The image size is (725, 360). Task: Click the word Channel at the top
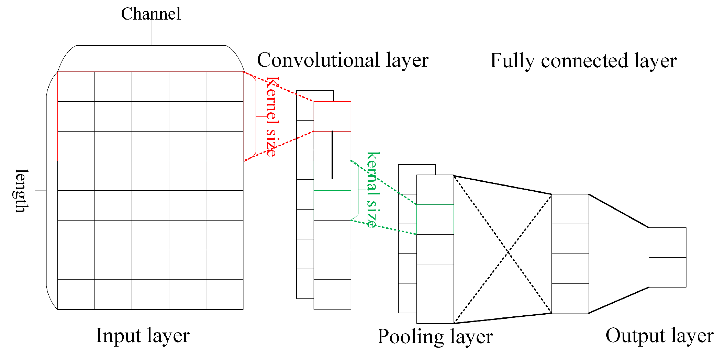coord(150,14)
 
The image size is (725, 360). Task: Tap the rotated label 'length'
coord(21,191)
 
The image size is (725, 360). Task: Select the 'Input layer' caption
coord(143,336)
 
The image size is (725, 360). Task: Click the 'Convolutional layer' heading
coord(343,60)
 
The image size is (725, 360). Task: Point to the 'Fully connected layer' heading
coord(583,61)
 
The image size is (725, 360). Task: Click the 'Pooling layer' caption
coord(435,336)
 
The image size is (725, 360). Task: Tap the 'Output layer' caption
coord(659,336)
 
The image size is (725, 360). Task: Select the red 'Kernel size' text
coord(272,117)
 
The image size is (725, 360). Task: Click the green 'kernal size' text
coord(373,189)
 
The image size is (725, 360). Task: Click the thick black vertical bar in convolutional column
coord(332,155)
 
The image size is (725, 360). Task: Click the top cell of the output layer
coord(667,243)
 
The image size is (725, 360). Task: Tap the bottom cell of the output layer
coord(667,272)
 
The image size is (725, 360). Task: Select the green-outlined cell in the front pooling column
coord(435,219)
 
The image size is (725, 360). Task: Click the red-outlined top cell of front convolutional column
coord(332,116)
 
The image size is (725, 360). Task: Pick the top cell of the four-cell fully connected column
coord(570,209)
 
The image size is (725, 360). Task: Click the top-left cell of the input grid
coord(76,87)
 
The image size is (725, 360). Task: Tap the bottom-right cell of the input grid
coord(224,294)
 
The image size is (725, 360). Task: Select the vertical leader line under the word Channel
coord(151,34)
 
